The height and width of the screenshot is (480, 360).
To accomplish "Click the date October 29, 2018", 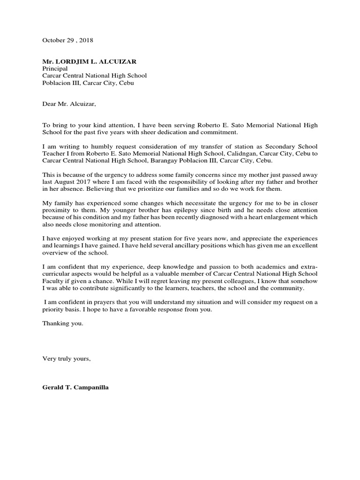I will (67, 40).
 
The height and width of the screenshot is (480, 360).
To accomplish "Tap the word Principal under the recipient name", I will (55, 68).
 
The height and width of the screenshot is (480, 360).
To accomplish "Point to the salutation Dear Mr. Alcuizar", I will (68, 104).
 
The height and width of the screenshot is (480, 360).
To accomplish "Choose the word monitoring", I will (97, 224).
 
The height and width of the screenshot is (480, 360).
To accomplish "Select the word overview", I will (55, 252).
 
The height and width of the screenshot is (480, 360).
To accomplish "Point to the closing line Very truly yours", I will (66, 359).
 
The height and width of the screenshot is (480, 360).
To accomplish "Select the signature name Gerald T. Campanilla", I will (75, 388).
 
